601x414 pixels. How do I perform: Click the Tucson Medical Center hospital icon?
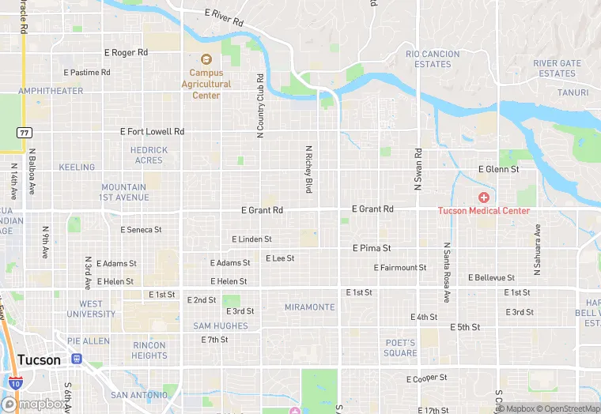(x=483, y=197)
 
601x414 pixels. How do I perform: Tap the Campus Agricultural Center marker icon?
(x=206, y=59)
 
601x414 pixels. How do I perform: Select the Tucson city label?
(x=38, y=359)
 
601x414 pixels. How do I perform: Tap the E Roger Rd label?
(x=126, y=52)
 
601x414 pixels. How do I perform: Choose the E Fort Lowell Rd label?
(x=152, y=132)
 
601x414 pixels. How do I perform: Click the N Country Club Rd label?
(x=260, y=107)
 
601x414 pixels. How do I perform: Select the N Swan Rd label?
(x=418, y=167)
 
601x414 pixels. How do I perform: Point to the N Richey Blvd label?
(x=309, y=169)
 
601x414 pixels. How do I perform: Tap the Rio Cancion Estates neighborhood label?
(x=433, y=59)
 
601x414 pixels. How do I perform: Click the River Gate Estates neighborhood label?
(x=557, y=68)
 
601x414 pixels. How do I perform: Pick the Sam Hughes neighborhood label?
(x=221, y=326)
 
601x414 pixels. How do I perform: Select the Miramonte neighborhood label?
(x=309, y=307)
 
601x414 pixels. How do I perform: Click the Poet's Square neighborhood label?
(x=400, y=348)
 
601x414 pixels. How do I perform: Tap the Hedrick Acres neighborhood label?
(x=149, y=155)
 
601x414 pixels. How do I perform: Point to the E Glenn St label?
(x=498, y=169)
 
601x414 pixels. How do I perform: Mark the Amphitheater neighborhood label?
(x=51, y=91)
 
